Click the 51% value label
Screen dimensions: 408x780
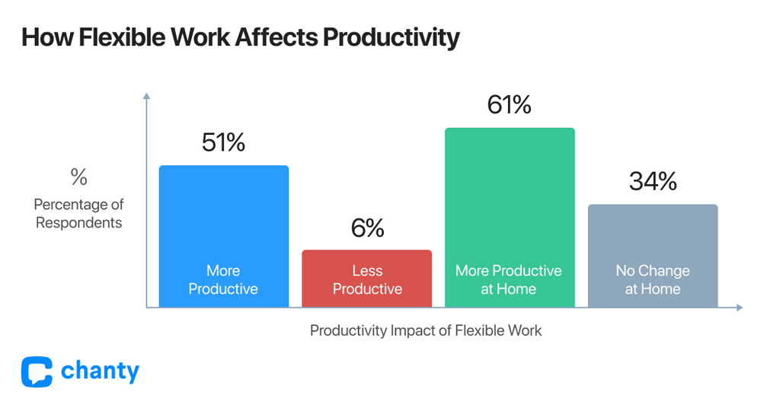point(223,142)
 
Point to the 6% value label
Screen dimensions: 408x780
point(367,228)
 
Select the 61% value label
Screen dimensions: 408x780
point(509,104)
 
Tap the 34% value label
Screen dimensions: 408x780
point(652,181)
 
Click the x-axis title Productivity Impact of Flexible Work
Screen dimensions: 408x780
point(426,331)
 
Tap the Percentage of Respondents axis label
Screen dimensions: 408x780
point(78,214)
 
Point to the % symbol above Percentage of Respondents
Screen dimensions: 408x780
point(78,177)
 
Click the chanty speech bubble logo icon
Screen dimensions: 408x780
point(37,371)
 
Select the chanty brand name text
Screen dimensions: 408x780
point(100,371)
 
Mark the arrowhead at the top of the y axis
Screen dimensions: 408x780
point(146,97)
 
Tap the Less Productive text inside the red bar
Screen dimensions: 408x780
point(367,279)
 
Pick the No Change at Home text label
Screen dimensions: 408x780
point(653,279)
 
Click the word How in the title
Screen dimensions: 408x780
point(41,37)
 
